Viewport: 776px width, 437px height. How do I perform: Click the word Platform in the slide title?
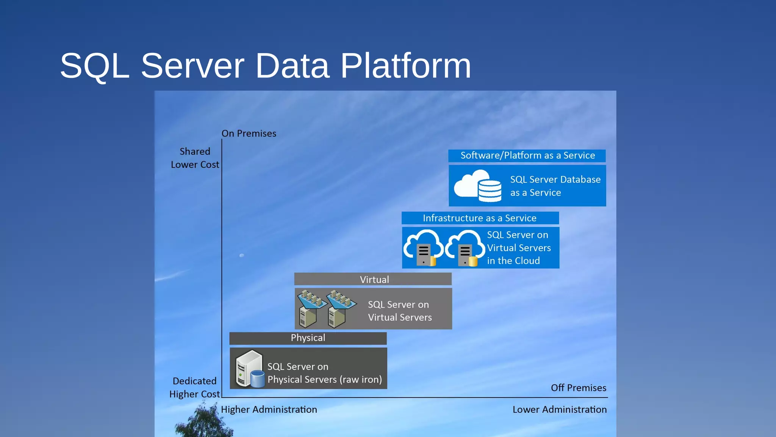click(x=405, y=66)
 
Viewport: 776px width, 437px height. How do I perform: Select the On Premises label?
click(x=249, y=134)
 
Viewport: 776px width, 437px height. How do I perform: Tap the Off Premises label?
click(x=578, y=388)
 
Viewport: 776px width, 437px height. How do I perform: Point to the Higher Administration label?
click(x=269, y=410)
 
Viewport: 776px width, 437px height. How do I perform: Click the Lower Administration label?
click(x=559, y=410)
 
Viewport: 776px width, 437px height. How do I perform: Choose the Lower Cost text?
click(x=195, y=165)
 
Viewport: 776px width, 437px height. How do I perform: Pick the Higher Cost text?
click(x=194, y=394)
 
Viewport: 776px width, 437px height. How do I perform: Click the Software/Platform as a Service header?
click(x=527, y=156)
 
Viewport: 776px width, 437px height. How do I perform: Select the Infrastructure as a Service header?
click(x=480, y=218)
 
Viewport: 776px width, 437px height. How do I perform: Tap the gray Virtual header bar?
click(x=373, y=280)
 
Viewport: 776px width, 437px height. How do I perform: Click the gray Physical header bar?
click(x=308, y=338)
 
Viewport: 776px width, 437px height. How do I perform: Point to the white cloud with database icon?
click(x=477, y=185)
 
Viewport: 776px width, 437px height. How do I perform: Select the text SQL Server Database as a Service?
click(x=555, y=186)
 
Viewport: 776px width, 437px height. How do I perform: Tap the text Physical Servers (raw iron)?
click(x=325, y=380)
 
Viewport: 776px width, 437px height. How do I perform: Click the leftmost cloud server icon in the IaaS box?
click(x=423, y=248)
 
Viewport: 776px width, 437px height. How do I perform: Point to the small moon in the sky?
click(x=242, y=255)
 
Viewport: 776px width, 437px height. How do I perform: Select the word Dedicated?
click(x=194, y=381)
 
